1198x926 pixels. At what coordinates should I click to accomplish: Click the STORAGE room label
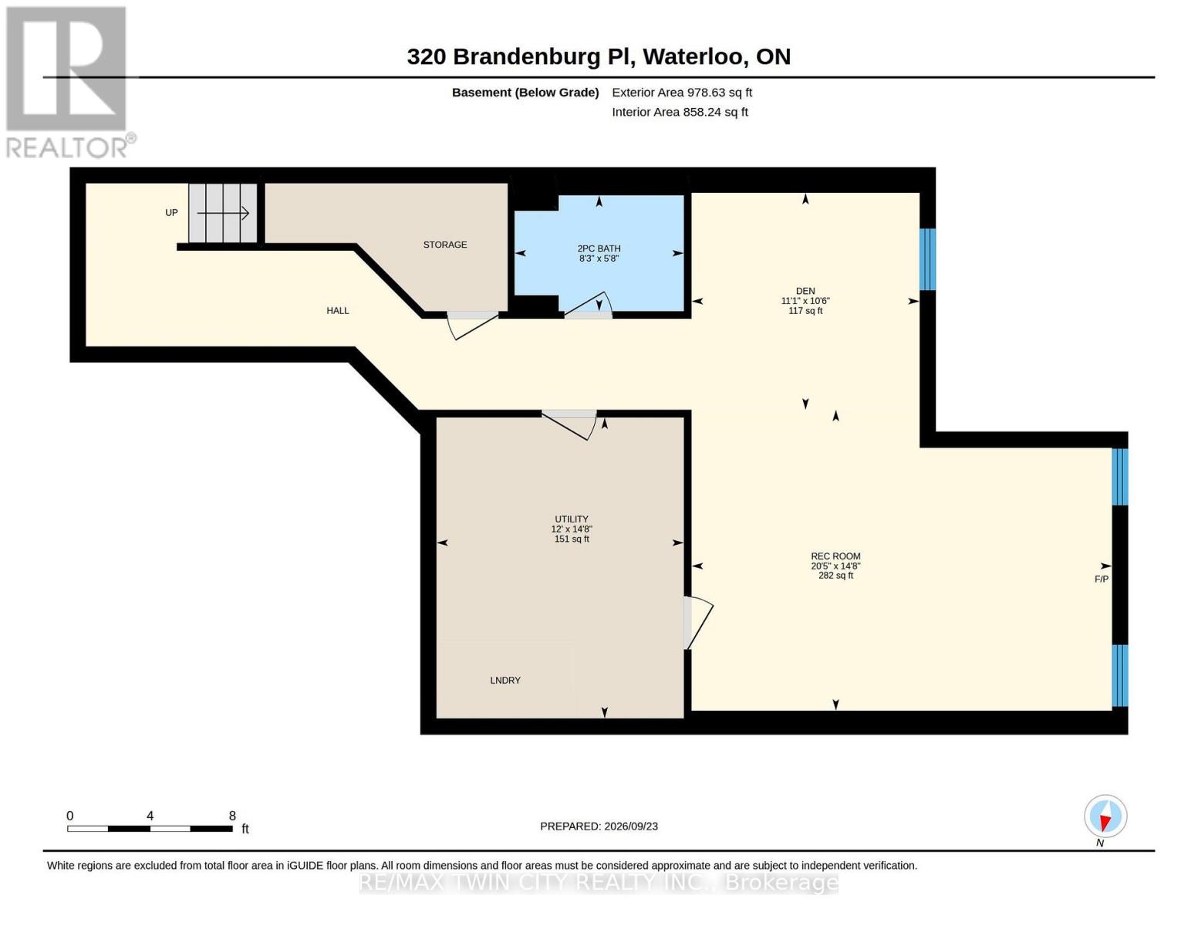coord(445,245)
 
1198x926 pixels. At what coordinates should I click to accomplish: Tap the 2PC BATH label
coord(599,248)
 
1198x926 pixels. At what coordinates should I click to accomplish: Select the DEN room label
coord(805,291)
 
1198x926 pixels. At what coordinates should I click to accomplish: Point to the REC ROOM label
coord(835,556)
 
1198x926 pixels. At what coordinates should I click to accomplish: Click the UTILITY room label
coord(571,519)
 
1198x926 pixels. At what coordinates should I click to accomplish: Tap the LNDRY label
coord(505,681)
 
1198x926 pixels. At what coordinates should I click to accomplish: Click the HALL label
coord(337,311)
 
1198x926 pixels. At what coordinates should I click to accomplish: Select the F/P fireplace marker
coord(1101,579)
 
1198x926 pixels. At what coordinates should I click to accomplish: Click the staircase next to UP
coord(223,213)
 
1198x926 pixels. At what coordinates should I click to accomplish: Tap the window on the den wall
coord(927,259)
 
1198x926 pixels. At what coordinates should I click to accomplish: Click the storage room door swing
coord(472,326)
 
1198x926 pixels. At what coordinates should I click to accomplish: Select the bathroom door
coord(588,306)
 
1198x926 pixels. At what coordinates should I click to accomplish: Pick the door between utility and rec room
coord(698,623)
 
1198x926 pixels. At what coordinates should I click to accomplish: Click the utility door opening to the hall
coord(569,424)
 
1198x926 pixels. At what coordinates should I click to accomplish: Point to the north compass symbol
coord(1105,817)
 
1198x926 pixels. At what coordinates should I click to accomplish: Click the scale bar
coord(150,829)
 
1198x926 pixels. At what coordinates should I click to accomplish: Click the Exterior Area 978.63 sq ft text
coord(681,93)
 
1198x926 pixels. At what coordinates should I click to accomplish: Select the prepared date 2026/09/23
coord(631,826)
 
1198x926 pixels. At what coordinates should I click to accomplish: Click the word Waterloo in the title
coord(695,57)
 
